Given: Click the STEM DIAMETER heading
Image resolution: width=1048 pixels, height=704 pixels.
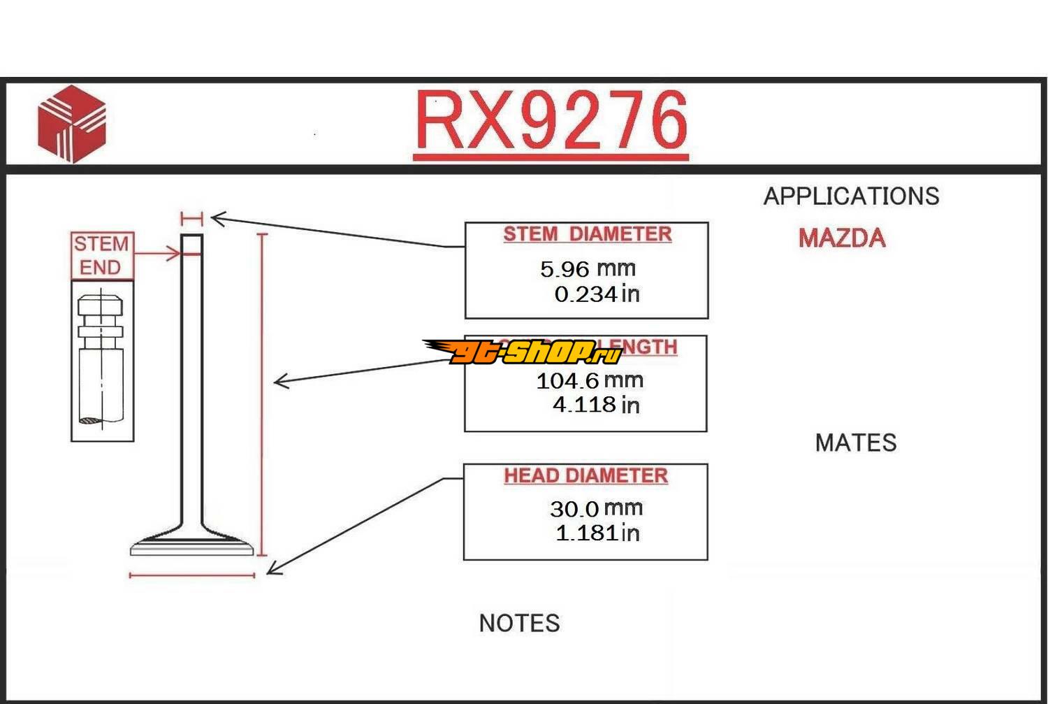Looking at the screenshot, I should pyautogui.click(x=587, y=234).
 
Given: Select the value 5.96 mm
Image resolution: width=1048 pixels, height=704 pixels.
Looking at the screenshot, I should pyautogui.click(x=588, y=268).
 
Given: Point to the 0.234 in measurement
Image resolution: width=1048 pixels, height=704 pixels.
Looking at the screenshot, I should pyautogui.click(x=597, y=294).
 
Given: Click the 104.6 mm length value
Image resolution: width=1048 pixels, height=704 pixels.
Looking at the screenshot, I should pyautogui.click(x=590, y=381).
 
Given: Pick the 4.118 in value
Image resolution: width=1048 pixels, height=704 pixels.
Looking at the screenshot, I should pyautogui.click(x=596, y=405).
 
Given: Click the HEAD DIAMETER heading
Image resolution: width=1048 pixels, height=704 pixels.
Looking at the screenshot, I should pyautogui.click(x=585, y=476).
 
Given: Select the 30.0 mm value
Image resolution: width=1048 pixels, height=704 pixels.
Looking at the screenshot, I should pyautogui.click(x=596, y=508).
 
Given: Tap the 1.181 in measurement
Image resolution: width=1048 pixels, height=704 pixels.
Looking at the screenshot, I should pyautogui.click(x=597, y=533).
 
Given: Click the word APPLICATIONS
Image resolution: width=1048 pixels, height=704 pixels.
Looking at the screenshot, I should pyautogui.click(x=851, y=196).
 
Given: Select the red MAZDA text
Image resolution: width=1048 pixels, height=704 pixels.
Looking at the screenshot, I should pyautogui.click(x=842, y=238).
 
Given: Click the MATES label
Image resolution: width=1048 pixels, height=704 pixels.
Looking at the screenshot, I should pyautogui.click(x=855, y=443).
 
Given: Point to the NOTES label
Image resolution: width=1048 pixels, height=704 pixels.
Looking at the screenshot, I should pyautogui.click(x=519, y=623).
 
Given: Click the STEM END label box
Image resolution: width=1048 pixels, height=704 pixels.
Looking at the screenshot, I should pyautogui.click(x=101, y=256).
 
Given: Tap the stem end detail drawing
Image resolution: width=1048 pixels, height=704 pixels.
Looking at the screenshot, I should pyautogui.click(x=102, y=361).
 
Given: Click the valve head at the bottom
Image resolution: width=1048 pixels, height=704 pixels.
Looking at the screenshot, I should pyautogui.click(x=192, y=545).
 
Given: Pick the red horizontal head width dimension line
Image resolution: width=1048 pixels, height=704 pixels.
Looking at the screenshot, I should pyautogui.click(x=192, y=575).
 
